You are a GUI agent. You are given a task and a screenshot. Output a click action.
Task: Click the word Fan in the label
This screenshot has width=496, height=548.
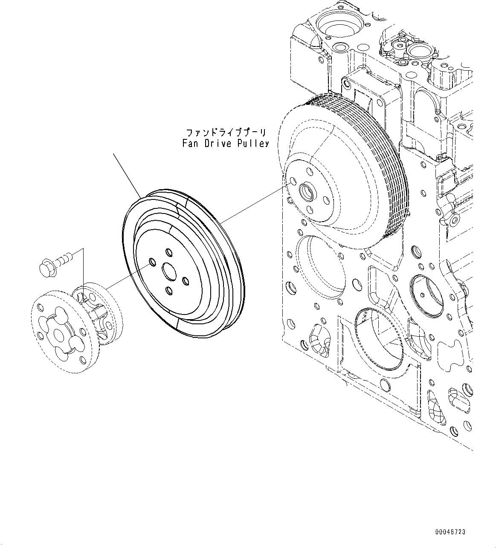click(190, 143)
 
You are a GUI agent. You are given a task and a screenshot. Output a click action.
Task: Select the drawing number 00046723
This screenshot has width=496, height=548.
click(450, 532)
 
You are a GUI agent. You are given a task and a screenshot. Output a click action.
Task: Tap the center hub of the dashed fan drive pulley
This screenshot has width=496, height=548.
click(307, 192)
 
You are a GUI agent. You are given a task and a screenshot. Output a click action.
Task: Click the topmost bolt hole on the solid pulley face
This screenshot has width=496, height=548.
click(167, 252)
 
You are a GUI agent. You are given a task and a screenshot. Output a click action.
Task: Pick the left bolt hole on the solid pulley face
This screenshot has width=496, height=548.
click(151, 262)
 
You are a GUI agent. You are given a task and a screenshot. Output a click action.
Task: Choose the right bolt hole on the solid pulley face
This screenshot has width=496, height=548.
click(186, 281)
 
